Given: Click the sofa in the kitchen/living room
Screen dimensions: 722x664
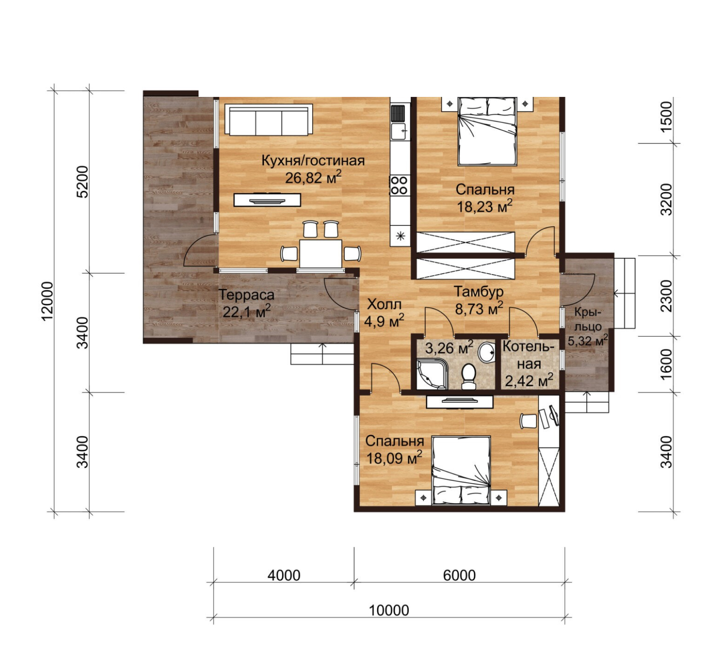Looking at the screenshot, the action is [x=268, y=120].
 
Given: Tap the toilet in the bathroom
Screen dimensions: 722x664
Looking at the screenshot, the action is [x=469, y=377].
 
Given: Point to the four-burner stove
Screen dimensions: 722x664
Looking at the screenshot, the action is [x=400, y=185].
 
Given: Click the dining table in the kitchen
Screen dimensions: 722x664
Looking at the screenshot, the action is [x=321, y=253].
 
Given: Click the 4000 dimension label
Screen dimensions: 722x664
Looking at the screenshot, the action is [x=284, y=575].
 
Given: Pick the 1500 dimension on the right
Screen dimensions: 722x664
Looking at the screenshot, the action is [x=666, y=116].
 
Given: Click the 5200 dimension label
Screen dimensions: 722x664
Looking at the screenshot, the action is [x=83, y=182].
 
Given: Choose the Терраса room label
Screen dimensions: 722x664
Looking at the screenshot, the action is [x=246, y=295].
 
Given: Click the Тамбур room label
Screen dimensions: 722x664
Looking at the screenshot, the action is [x=478, y=292].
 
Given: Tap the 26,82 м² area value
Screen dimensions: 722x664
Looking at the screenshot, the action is [x=313, y=177].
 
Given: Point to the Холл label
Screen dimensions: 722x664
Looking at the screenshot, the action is [x=384, y=304].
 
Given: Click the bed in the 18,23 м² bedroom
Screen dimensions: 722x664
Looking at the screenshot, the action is [x=487, y=131].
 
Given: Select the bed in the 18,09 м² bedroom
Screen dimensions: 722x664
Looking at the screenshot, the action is [x=461, y=471].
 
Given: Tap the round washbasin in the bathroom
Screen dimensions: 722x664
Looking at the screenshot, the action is [x=486, y=353].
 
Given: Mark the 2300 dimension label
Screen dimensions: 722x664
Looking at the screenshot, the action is [x=666, y=296].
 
